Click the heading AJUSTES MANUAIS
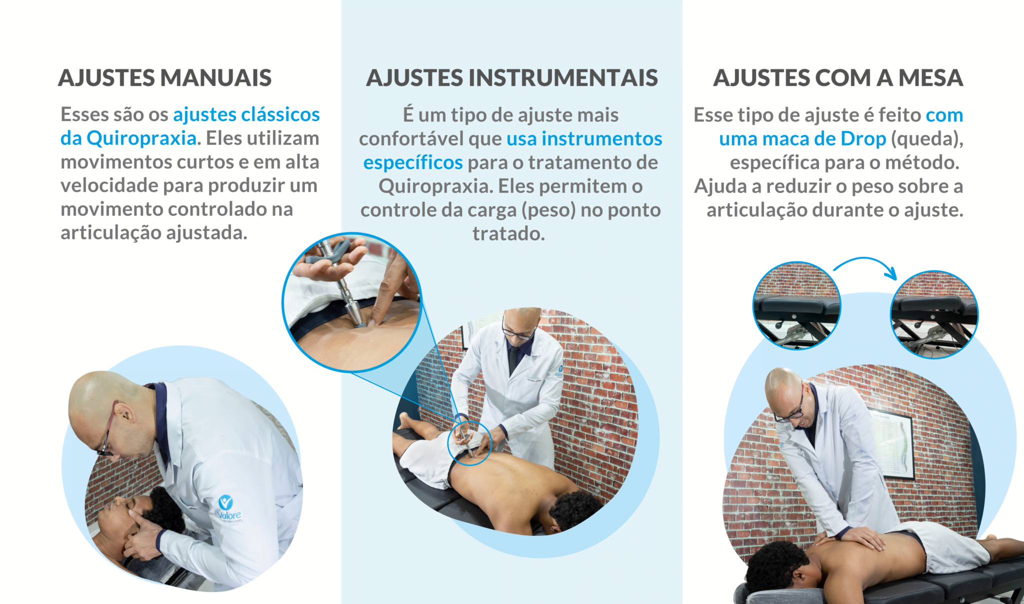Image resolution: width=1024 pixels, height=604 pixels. pyautogui.click(x=165, y=78)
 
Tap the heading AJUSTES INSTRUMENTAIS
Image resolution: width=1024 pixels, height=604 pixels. pyautogui.click(x=512, y=78)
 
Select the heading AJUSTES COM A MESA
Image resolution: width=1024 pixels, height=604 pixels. pyautogui.click(x=838, y=78)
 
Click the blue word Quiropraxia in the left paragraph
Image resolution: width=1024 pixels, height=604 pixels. pyautogui.click(x=141, y=139)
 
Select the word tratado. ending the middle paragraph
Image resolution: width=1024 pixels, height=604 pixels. pyautogui.click(x=509, y=234)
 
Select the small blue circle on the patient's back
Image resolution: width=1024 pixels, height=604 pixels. pyautogui.click(x=469, y=443)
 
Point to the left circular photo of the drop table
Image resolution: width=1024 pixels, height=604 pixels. pyautogui.click(x=797, y=305)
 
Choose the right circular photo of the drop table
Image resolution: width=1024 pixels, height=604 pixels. pyautogui.click(x=934, y=315)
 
